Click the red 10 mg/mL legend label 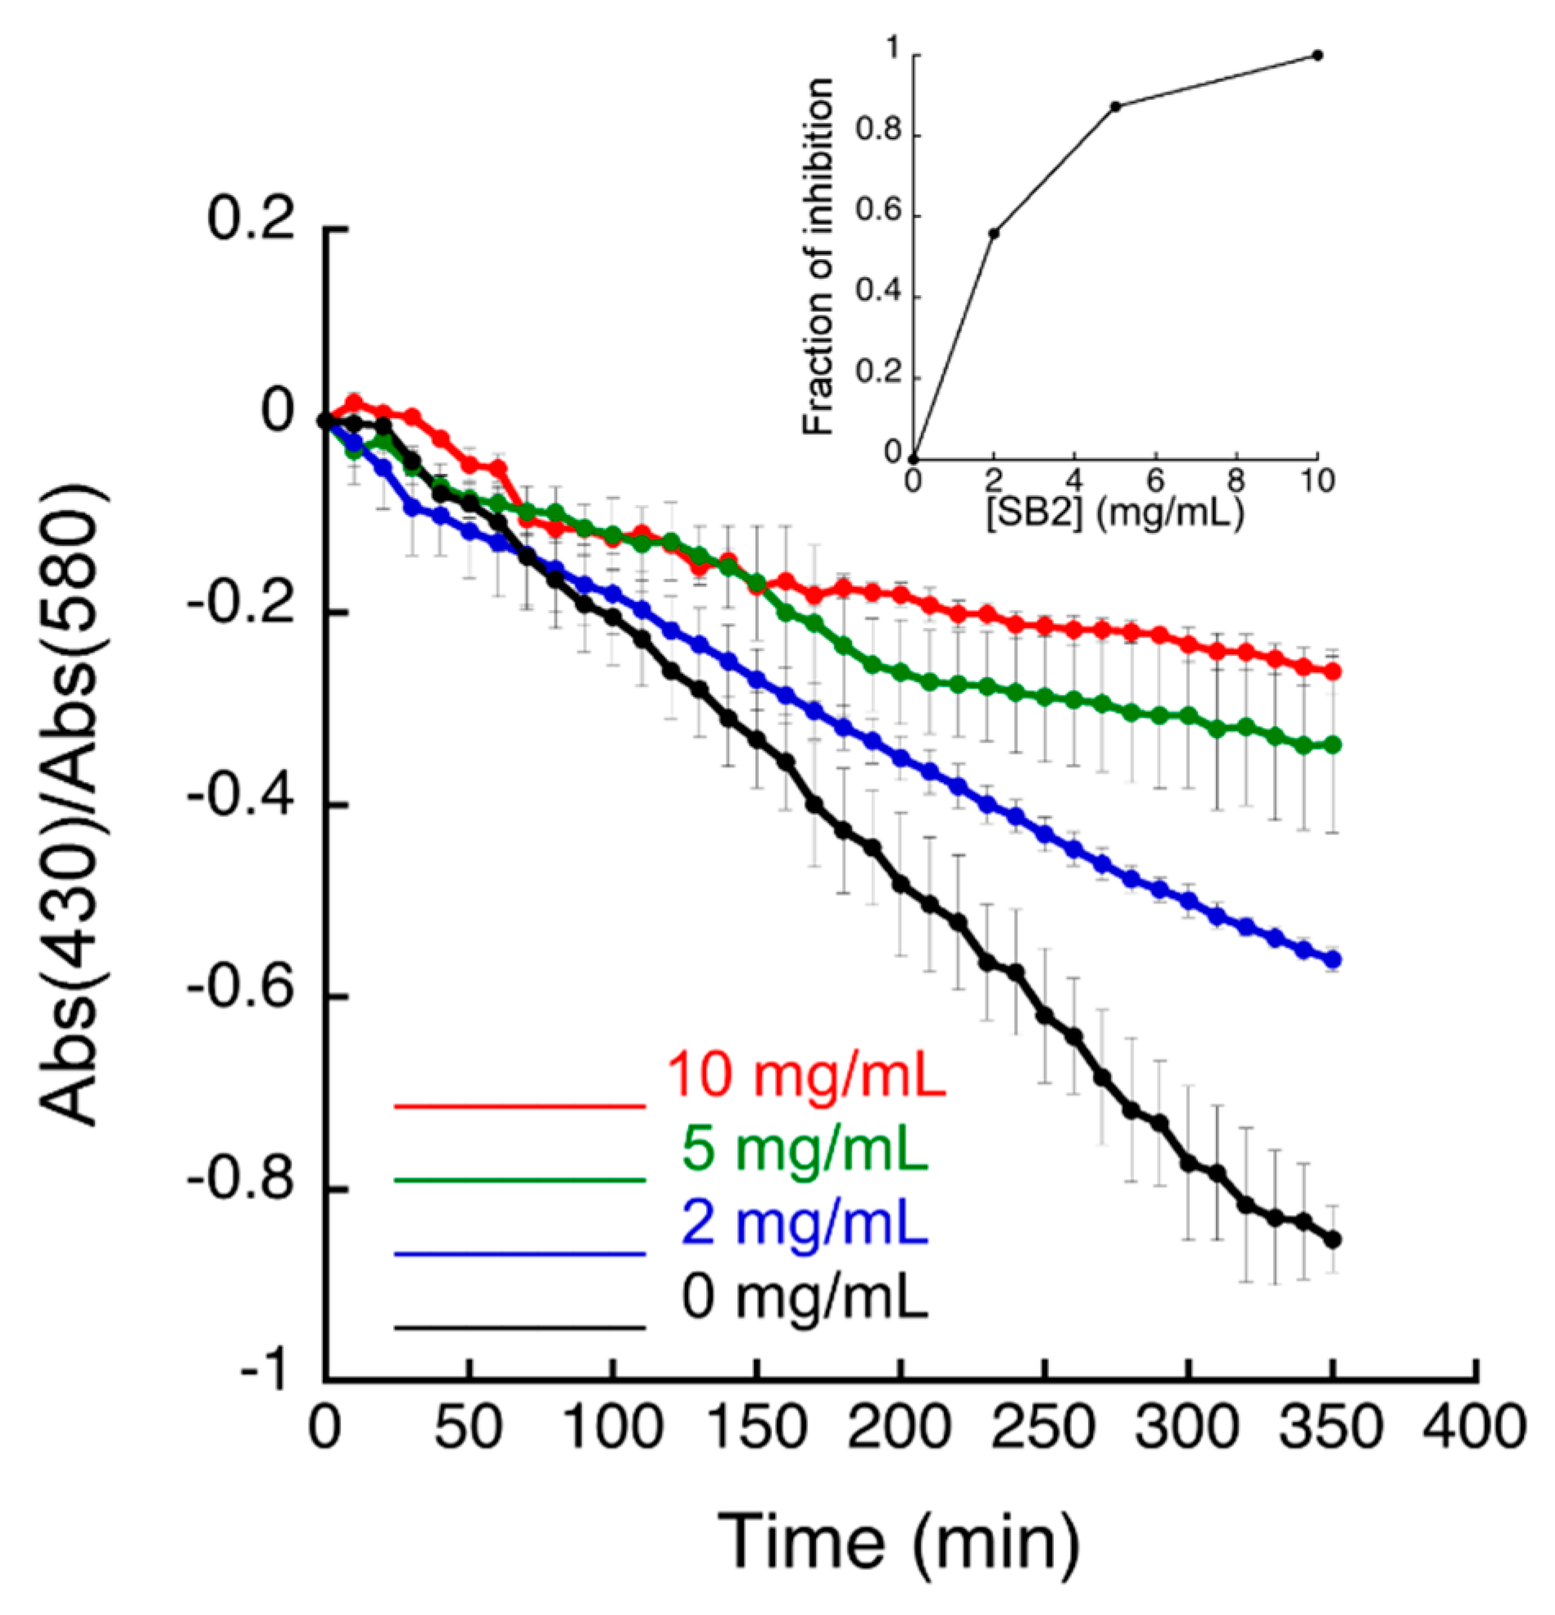806,1075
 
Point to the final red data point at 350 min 1333,671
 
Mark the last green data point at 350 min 1333,745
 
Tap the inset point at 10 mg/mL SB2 1317,55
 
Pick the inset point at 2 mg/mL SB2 994,233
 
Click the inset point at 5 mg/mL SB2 1115,106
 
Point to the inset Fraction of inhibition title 818,256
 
